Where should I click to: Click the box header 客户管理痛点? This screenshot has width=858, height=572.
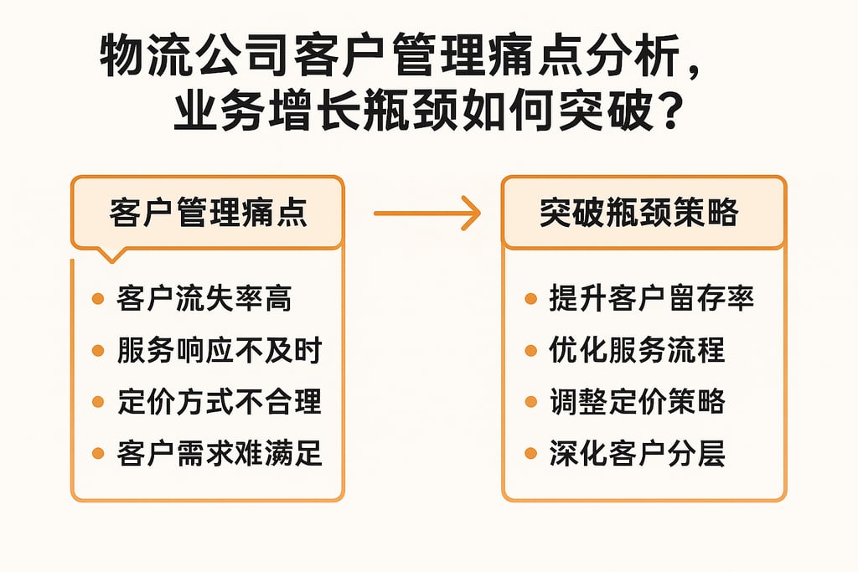207,213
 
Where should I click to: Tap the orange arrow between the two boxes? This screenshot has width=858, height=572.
426,214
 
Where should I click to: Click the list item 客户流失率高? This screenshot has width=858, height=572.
205,298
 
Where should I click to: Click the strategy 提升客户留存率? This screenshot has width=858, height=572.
652,298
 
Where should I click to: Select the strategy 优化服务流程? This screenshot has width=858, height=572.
637,350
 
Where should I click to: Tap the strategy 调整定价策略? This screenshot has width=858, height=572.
637,402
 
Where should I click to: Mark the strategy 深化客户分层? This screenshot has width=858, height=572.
637,454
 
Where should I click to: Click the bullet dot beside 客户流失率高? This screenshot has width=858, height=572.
98,299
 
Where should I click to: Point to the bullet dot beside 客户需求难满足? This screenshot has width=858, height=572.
98,455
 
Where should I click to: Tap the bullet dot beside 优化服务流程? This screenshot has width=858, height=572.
530,351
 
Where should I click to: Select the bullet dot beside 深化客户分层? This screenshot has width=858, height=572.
530,455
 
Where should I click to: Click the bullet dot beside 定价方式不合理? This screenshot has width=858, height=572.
98,403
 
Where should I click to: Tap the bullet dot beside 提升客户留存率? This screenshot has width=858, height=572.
530,299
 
